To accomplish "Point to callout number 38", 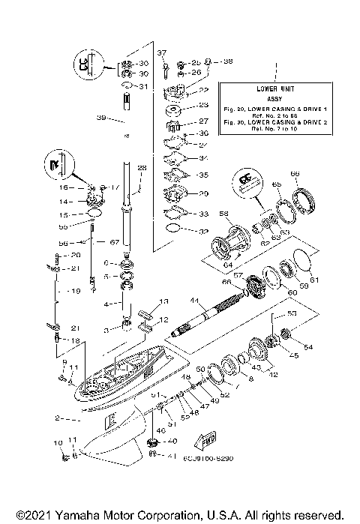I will [227, 61].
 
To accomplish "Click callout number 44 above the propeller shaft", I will [194, 300].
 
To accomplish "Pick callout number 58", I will [223, 214].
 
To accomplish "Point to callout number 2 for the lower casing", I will [57, 417].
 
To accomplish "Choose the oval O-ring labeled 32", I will [172, 229].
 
